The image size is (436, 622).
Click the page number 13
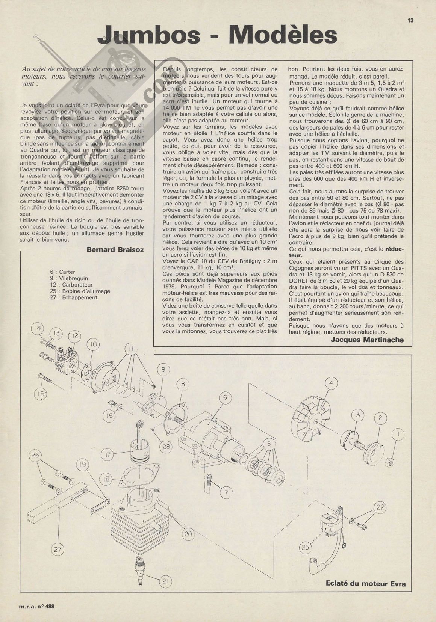pyautogui.click(x=410, y=21)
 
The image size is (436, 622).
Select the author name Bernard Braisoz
pyautogui.click(x=115, y=249)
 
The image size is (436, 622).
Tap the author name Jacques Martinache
pyautogui.click(x=368, y=340)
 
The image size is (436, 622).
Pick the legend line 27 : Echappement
pyautogui.click(x=73, y=297)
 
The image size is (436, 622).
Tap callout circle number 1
pyautogui.click(x=396, y=435)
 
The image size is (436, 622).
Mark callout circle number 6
pyautogui.click(x=225, y=397)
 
